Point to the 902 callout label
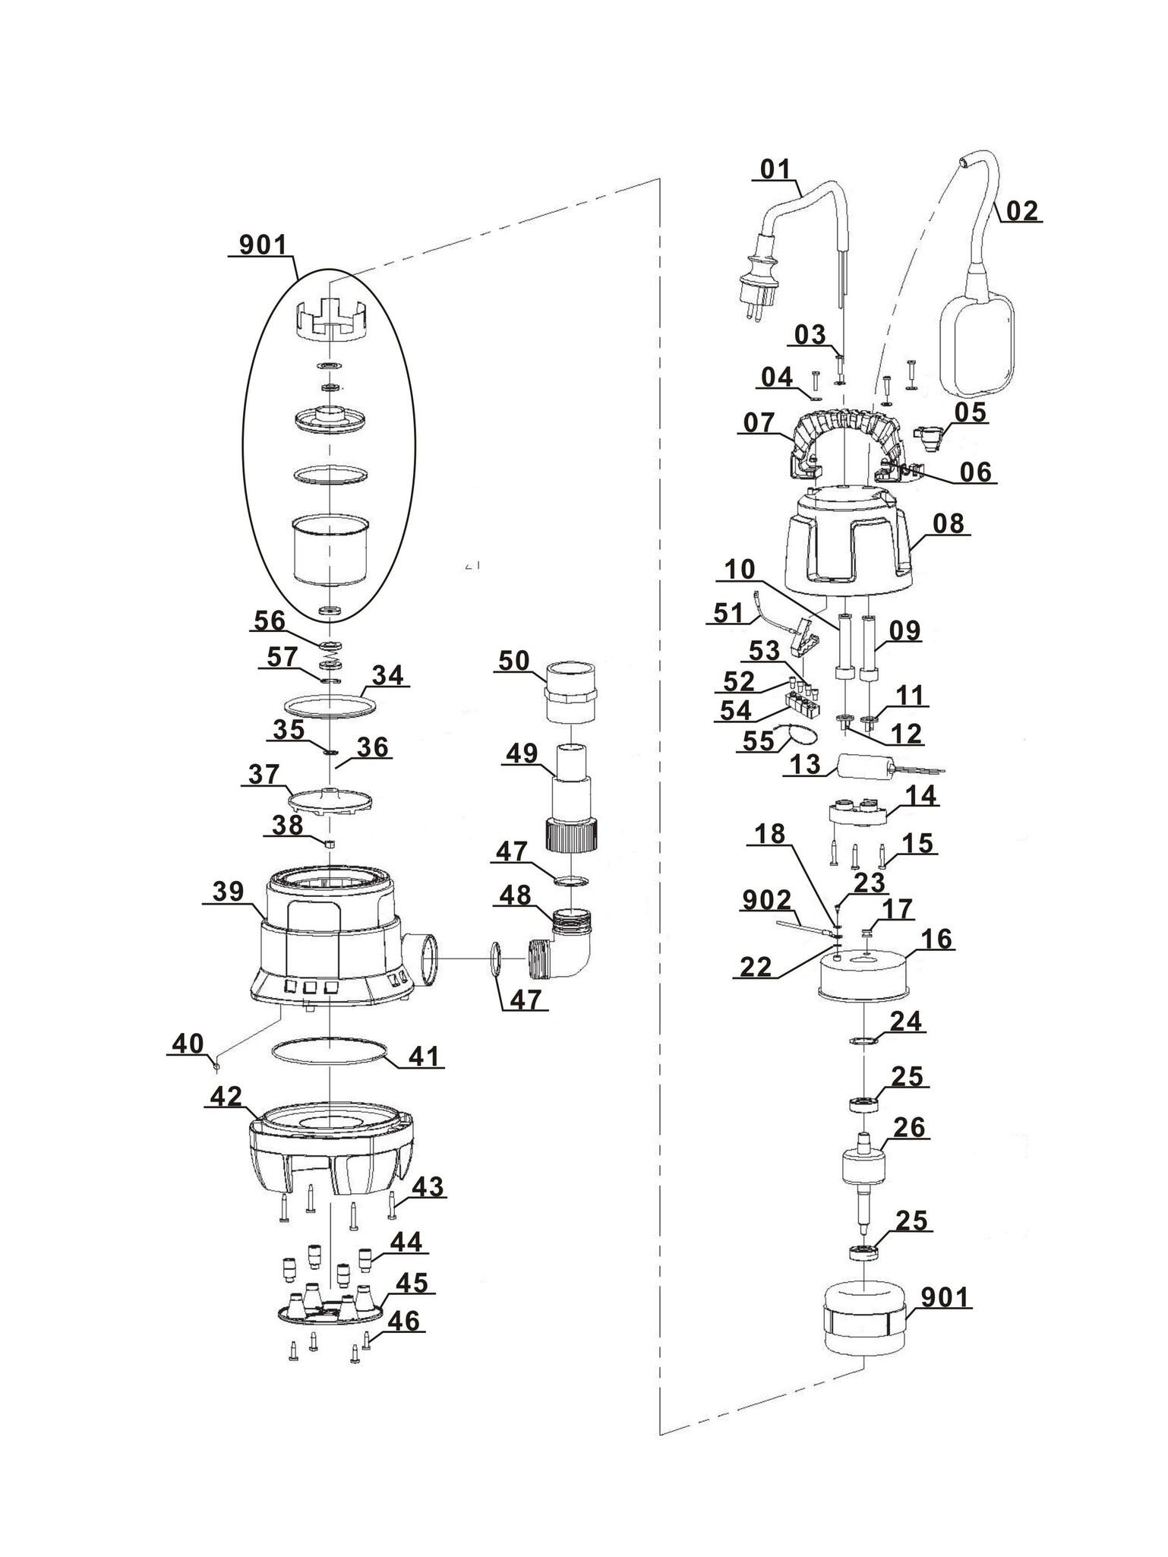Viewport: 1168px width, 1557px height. coord(766,902)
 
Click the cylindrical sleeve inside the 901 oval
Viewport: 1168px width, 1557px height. coord(330,550)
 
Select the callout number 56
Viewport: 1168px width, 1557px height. coord(269,621)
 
